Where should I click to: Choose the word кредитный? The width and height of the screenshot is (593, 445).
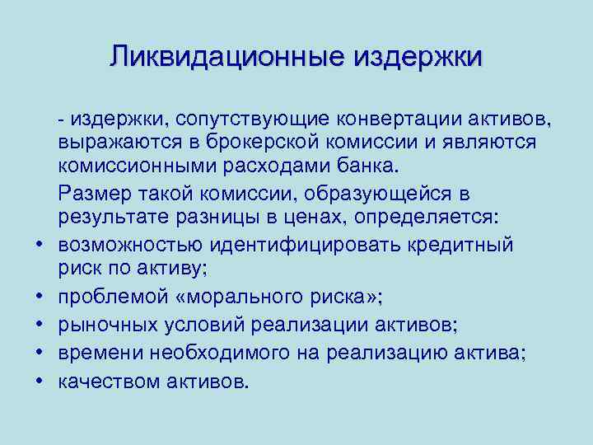point(462,245)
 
